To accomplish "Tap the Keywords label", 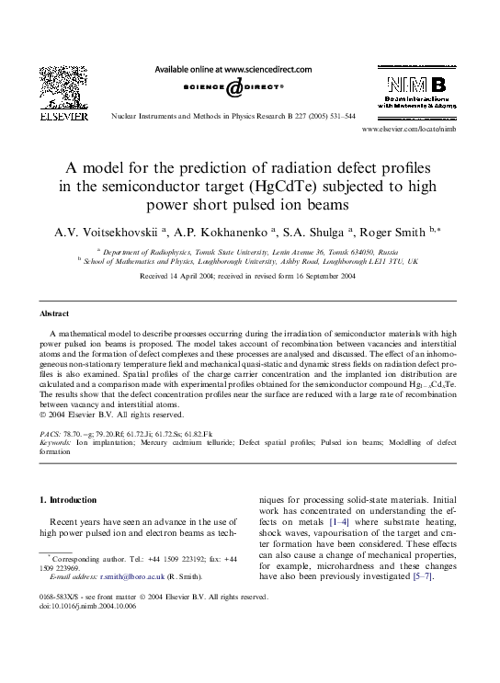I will [x=57, y=442].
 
